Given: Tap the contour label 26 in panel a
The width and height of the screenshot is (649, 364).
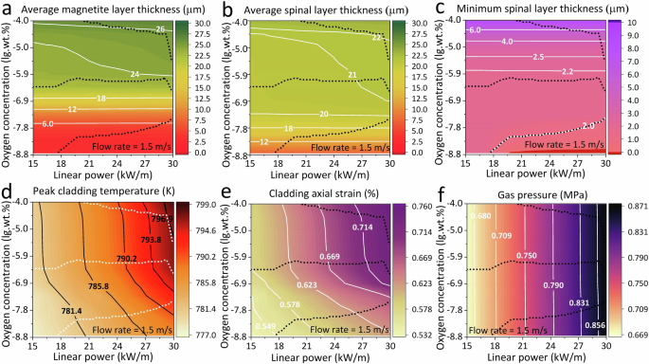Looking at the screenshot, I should click(x=161, y=30).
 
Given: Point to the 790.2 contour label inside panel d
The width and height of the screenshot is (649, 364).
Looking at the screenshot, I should click(x=127, y=258).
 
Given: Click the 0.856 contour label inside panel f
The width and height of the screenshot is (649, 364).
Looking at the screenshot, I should click(x=595, y=325).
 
